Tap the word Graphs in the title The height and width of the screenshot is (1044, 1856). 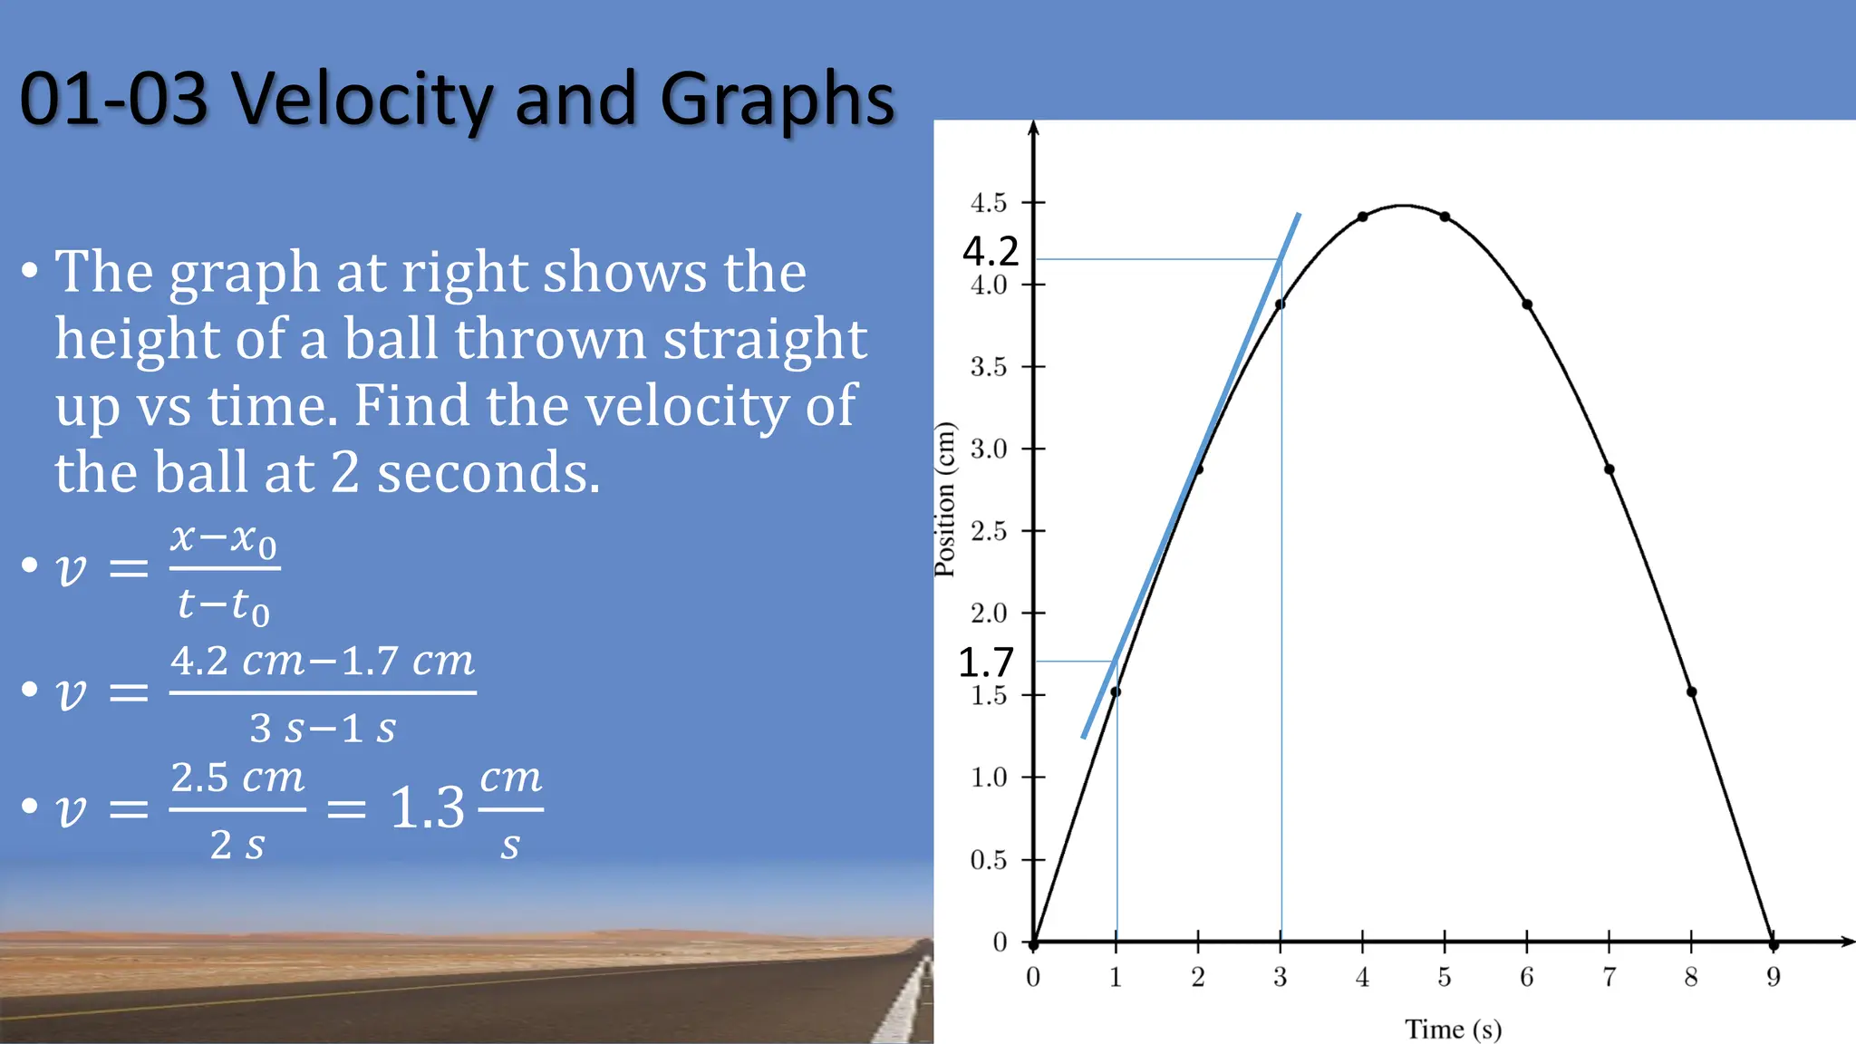(x=777, y=101)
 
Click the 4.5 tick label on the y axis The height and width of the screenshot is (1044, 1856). (x=988, y=203)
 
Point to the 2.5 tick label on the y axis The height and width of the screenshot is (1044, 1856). (x=988, y=531)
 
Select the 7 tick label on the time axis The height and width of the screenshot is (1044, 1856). (x=1609, y=977)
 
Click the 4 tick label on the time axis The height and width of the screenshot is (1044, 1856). (x=1362, y=977)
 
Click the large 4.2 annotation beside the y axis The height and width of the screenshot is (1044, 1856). (x=991, y=251)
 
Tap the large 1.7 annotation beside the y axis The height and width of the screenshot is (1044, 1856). (x=986, y=662)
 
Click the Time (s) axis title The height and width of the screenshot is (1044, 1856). (x=1453, y=1029)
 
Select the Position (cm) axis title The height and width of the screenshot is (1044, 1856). (x=945, y=499)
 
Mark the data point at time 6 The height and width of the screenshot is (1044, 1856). (x=1527, y=304)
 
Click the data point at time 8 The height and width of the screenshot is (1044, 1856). (x=1691, y=691)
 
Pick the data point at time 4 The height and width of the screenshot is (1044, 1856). (x=1362, y=217)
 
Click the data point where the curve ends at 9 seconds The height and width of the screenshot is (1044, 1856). (x=1774, y=944)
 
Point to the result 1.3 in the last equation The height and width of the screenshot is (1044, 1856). (x=427, y=807)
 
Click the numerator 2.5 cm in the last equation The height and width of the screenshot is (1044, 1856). (x=237, y=778)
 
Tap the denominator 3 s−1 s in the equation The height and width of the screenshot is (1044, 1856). (x=323, y=728)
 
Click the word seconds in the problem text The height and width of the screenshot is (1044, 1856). (x=488, y=473)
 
